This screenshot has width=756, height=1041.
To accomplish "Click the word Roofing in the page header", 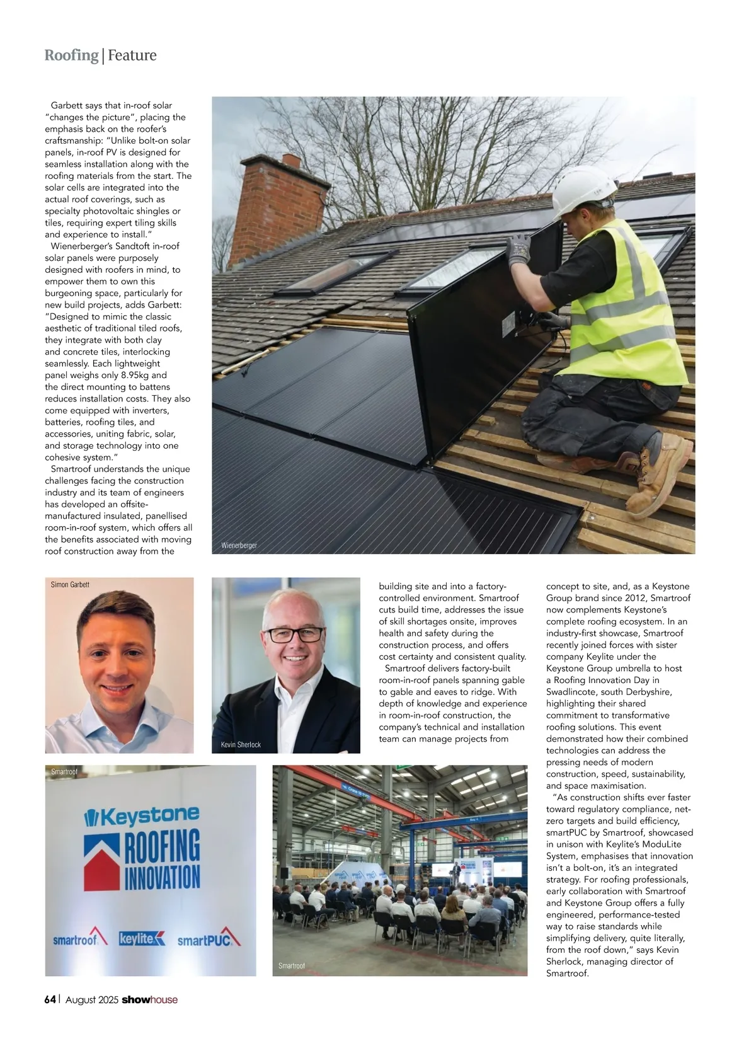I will [x=71, y=55].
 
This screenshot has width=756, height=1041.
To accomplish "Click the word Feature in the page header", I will [x=132, y=55].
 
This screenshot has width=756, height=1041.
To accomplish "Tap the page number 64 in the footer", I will [x=50, y=999].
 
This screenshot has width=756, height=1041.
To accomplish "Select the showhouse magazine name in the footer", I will [x=149, y=999].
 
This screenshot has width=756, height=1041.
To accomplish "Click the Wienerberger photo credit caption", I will [x=239, y=545].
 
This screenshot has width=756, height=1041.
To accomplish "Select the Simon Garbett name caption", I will [x=70, y=585].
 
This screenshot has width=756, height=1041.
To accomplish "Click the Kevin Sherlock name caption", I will [x=241, y=745].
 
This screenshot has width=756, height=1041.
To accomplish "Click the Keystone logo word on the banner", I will [x=149, y=817].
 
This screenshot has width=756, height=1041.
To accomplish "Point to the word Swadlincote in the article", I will [x=572, y=692].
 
